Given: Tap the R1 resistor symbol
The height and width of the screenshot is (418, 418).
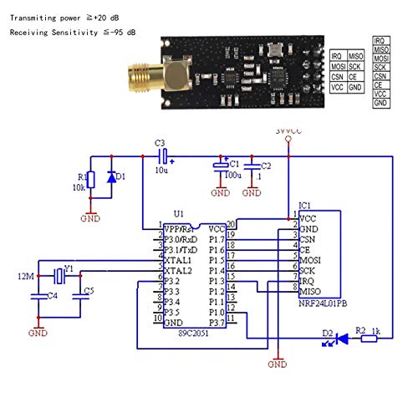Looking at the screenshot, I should (91, 179).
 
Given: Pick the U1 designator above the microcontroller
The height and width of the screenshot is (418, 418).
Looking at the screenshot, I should (177, 214).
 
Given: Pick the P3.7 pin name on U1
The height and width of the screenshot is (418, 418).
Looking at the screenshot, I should (216, 321).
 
